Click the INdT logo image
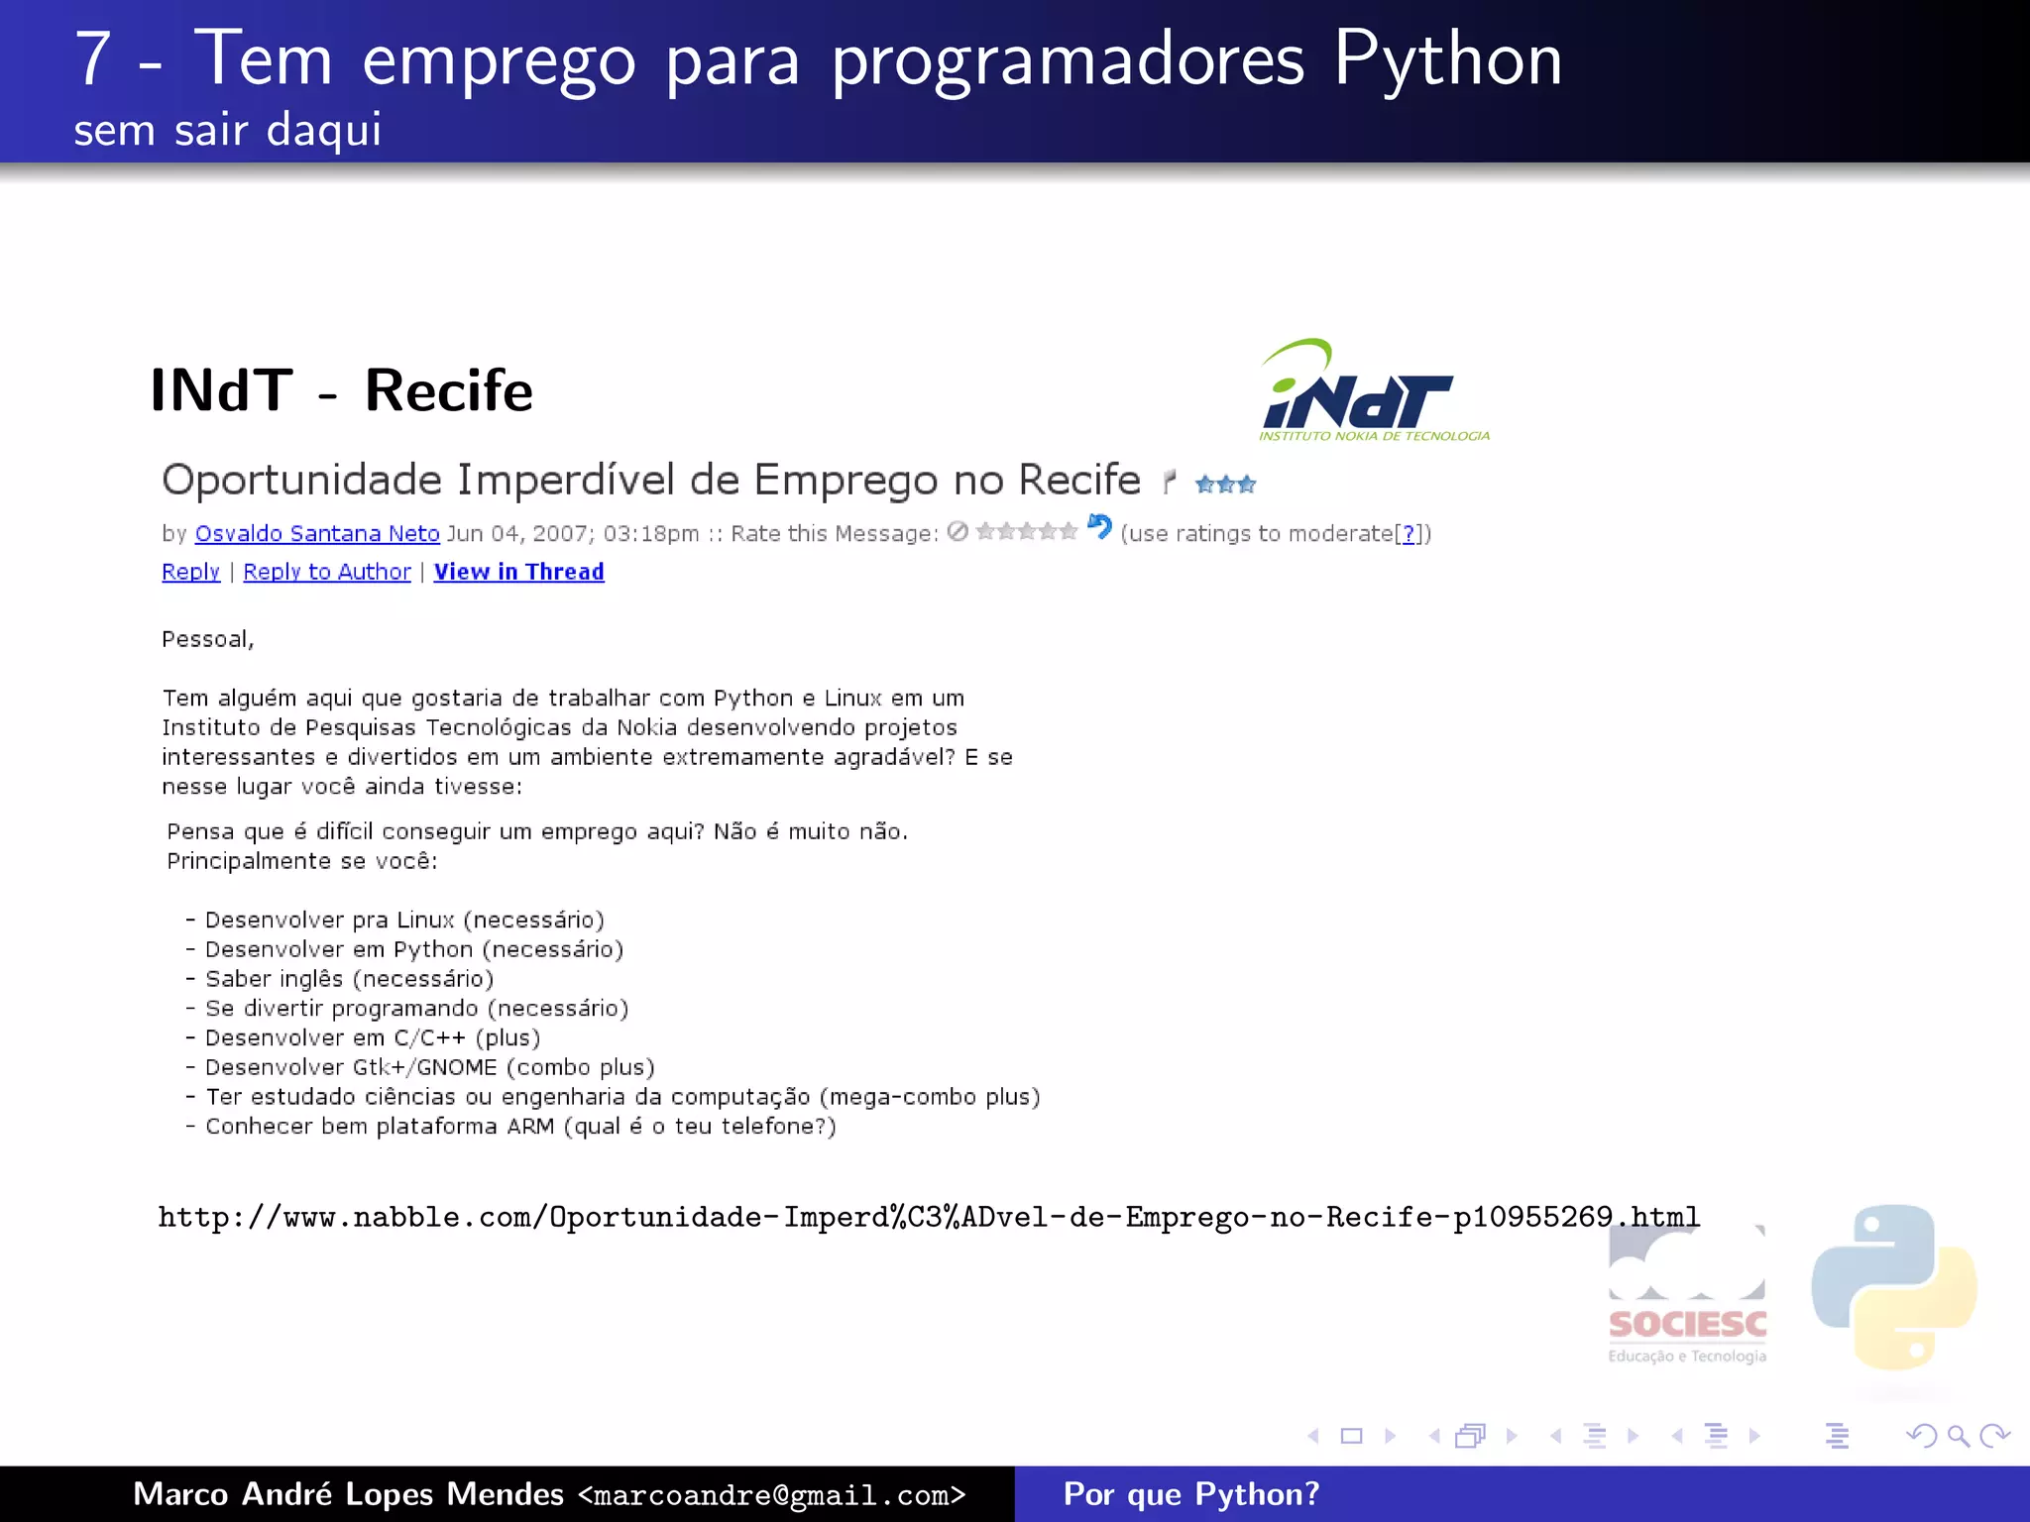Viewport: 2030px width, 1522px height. coord(1374,391)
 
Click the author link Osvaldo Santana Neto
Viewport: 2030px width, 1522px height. coord(317,534)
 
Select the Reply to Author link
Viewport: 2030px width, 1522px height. coord(327,573)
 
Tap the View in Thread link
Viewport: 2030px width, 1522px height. coord(518,573)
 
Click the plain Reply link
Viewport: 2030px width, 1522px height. coord(190,573)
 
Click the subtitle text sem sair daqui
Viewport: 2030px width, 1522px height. coord(227,130)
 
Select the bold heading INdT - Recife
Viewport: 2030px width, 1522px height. coord(341,390)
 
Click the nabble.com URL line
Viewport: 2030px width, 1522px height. coord(929,1217)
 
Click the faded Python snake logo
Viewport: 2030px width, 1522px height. coord(1893,1288)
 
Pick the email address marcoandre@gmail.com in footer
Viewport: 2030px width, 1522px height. coord(771,1495)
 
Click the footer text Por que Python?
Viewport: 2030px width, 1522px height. coord(1190,1494)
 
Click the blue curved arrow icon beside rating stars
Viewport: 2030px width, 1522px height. coord(1099,527)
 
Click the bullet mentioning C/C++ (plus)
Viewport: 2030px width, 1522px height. coord(372,1038)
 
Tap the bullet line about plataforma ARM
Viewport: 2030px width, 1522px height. coord(520,1127)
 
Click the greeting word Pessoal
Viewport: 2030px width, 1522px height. coord(207,640)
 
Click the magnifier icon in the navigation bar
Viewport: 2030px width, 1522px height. coord(1958,1436)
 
